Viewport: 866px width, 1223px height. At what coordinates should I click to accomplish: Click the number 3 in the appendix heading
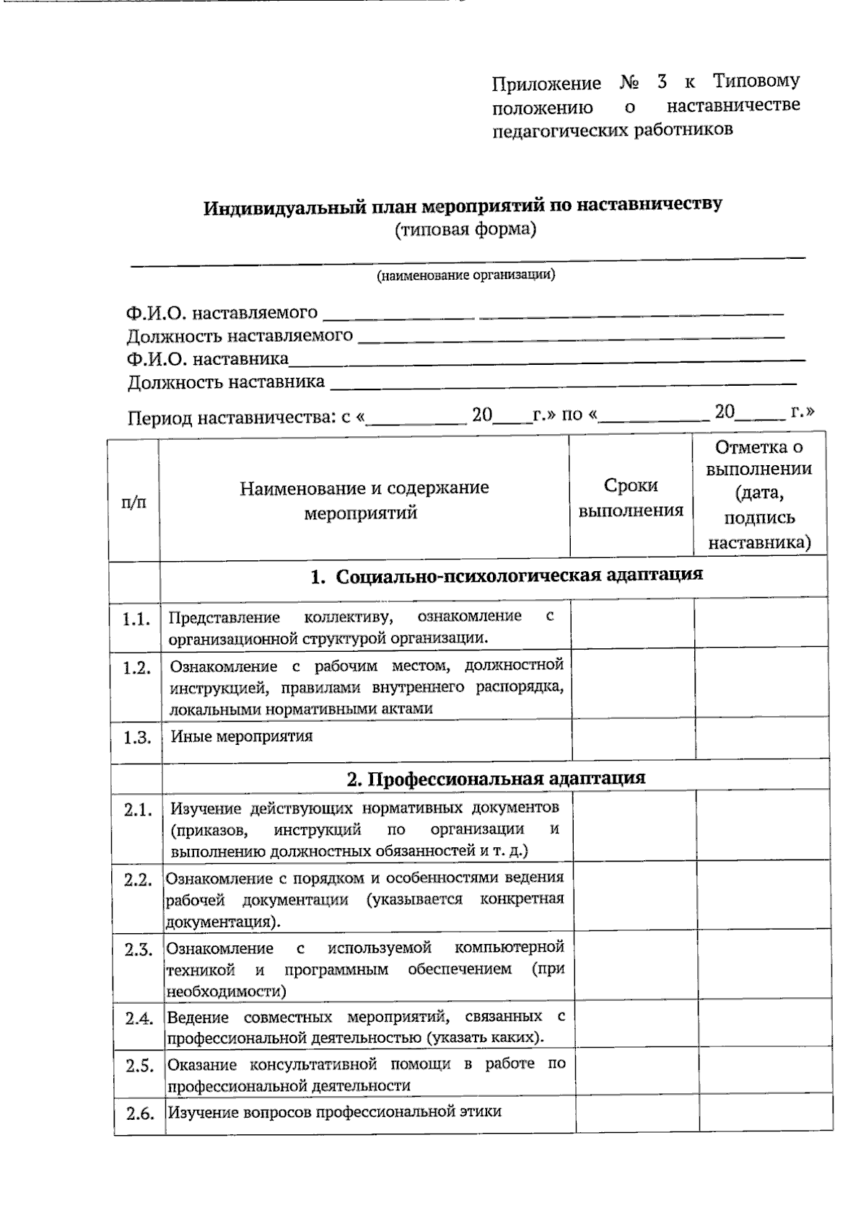662,81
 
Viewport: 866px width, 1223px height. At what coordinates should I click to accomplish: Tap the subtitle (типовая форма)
465,230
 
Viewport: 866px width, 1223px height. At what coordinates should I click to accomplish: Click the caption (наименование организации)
465,275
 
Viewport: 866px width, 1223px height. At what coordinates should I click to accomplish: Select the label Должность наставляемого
240,336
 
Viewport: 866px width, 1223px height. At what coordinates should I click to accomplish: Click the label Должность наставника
226,382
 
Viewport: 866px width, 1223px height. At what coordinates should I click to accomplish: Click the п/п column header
134,501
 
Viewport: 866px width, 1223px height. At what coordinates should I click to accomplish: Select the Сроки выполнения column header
631,498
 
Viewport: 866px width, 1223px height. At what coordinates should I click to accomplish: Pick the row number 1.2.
136,668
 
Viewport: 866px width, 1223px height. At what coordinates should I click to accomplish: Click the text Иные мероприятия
241,736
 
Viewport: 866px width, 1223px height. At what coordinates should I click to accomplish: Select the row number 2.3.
138,950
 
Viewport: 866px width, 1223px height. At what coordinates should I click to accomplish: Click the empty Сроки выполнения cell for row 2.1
635,826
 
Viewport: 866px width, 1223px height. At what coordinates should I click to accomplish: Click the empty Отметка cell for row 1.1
760,624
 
